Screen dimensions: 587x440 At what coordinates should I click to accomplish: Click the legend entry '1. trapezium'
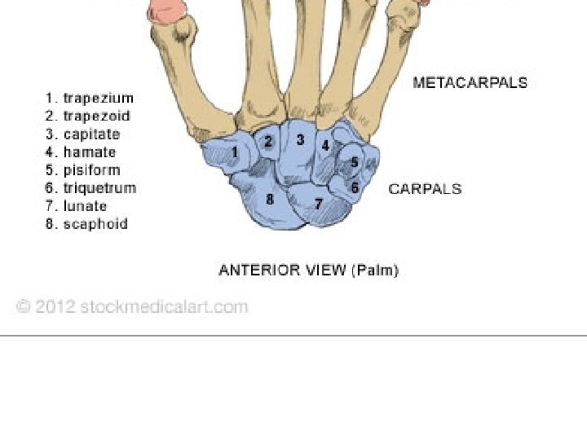89,99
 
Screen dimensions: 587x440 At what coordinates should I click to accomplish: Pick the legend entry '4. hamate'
80,152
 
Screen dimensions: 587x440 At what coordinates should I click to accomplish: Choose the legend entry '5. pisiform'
82,170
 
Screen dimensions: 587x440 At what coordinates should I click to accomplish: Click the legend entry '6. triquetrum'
90,188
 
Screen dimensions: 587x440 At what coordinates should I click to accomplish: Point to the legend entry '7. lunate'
76,206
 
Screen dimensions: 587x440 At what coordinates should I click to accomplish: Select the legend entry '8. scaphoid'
86,224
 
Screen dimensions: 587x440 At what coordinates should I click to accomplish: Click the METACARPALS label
470,82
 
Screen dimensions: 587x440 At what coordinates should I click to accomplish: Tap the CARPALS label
425,189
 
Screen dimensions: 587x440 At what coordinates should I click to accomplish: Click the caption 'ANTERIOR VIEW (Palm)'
308,270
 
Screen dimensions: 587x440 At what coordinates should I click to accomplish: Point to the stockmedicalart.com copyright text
132,307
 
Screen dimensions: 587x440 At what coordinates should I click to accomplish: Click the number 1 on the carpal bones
235,152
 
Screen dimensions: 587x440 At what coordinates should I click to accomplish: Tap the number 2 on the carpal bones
268,142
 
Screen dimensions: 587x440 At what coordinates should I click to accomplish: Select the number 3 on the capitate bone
300,140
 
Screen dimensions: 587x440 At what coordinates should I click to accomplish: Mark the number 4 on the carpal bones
325,146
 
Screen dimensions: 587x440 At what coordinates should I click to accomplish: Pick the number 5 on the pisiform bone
355,163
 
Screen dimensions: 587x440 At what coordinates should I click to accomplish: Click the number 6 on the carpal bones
355,187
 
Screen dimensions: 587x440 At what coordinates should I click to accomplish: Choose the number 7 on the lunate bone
319,204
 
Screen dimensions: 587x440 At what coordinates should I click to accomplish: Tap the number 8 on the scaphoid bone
270,198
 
